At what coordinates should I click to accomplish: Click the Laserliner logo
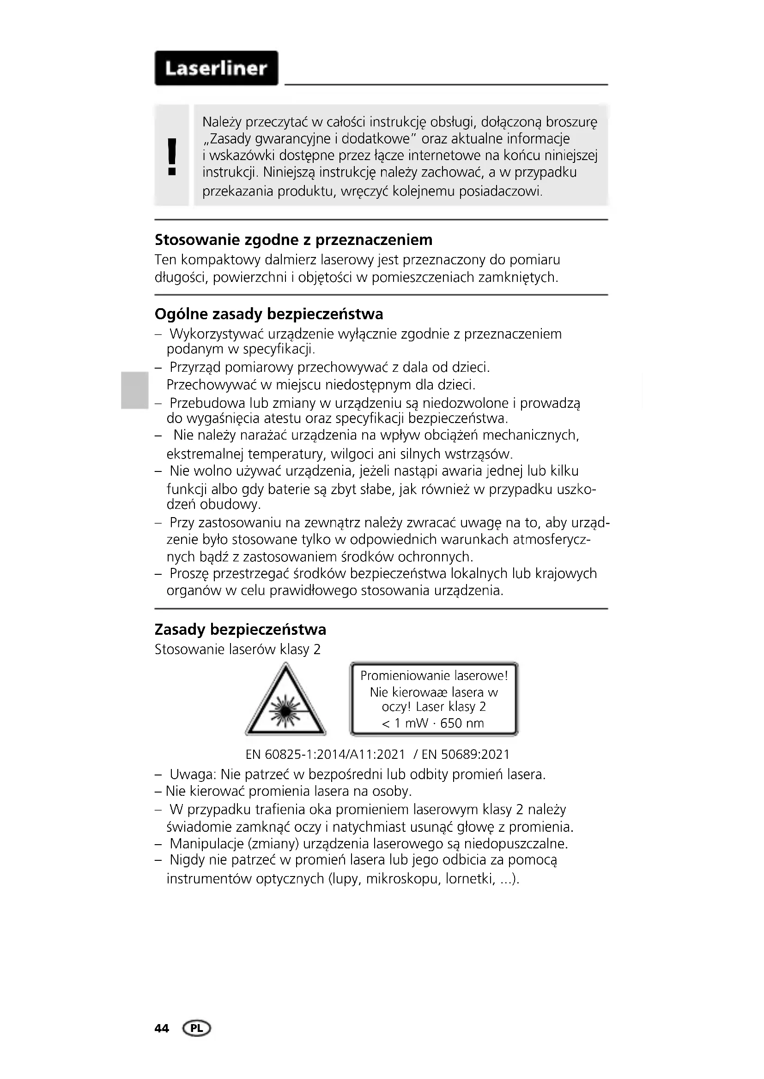tap(216, 68)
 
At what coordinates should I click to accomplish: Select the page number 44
tap(161, 1029)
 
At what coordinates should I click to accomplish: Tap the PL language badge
tap(197, 1029)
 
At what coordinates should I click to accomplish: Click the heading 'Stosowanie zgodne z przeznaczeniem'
tap(294, 240)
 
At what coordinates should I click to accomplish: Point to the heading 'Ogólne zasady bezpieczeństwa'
tap(269, 313)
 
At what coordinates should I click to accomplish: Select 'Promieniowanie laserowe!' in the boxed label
tap(434, 676)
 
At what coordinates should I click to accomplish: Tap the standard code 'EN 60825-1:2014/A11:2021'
tap(325, 754)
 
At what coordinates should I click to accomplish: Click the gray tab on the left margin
tap(133, 390)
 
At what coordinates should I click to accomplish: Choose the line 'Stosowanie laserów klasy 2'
tap(237, 650)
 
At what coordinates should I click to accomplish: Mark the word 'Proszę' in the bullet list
tap(189, 574)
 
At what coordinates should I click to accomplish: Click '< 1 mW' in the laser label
tap(405, 723)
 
